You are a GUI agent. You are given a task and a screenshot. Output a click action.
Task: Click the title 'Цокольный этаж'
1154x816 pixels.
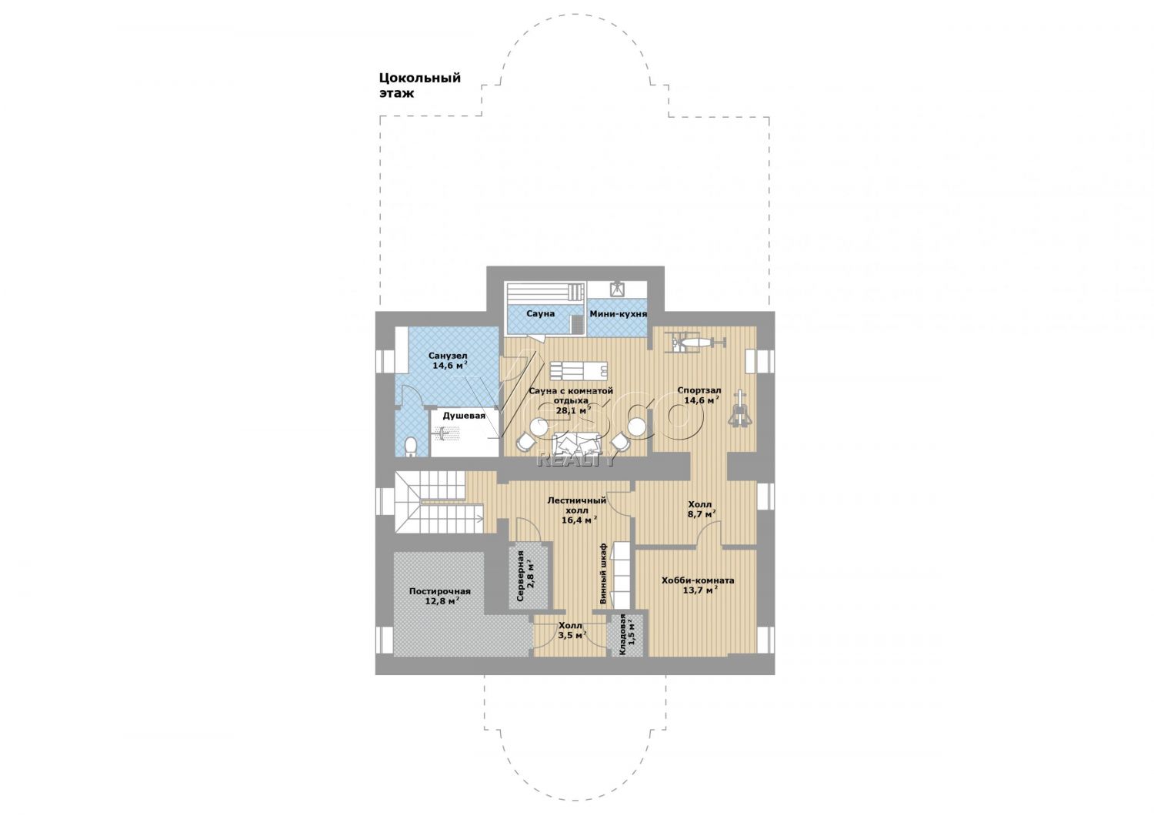pos(420,85)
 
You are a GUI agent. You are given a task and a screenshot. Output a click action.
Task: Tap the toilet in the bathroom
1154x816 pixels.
pos(411,447)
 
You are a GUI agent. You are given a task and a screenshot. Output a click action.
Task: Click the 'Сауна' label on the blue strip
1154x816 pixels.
pos(540,313)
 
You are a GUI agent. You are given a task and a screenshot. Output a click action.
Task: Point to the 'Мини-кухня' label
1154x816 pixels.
pos(619,313)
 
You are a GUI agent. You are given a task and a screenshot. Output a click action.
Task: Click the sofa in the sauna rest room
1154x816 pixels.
pos(578,443)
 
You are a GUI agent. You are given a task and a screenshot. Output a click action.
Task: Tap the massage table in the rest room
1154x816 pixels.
pos(579,370)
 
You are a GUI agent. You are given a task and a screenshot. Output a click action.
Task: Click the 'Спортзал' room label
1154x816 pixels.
pos(699,390)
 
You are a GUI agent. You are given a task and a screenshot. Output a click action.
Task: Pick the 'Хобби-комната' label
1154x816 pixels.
pos(698,580)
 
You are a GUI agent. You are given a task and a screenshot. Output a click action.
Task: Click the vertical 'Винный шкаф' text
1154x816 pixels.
pos(603,574)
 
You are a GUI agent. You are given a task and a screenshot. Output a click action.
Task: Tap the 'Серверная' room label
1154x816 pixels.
pos(521,577)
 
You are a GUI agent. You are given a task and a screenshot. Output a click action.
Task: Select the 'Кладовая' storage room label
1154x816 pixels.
pos(622,634)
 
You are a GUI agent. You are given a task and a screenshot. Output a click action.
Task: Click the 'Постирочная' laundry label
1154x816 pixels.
pos(439,591)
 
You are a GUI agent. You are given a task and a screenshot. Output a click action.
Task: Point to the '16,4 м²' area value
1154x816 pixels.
pos(579,520)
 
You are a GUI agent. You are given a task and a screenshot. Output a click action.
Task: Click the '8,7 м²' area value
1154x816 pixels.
pos(701,514)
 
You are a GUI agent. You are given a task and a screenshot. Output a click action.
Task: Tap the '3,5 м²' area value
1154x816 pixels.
pos(572,635)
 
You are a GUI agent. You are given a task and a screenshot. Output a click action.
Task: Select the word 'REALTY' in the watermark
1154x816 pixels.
pos(576,459)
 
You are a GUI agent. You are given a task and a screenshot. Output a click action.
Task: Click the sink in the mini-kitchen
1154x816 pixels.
pos(617,289)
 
